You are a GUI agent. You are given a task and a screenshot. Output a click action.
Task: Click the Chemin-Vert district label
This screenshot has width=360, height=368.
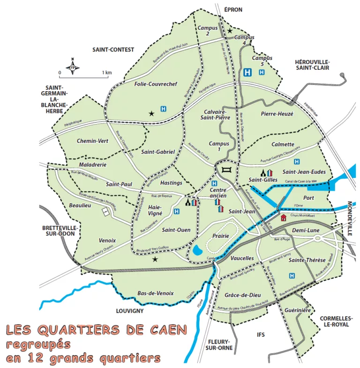tap(92, 140)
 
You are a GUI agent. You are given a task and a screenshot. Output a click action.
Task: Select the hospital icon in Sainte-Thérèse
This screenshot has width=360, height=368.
tap(292, 277)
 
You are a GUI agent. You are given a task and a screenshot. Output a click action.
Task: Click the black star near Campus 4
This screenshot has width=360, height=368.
tap(230, 31)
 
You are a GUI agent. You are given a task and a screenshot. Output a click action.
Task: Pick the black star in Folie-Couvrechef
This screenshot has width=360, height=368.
tap(151, 113)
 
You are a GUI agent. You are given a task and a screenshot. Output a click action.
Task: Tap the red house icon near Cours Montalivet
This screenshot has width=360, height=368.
tap(283, 217)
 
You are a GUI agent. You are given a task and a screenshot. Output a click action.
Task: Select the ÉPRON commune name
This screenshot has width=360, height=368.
tap(233, 9)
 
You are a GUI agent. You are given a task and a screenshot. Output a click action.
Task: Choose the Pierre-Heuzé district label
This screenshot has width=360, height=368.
tap(277, 113)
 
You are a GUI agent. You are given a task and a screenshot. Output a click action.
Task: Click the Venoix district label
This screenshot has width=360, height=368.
tap(107, 240)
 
